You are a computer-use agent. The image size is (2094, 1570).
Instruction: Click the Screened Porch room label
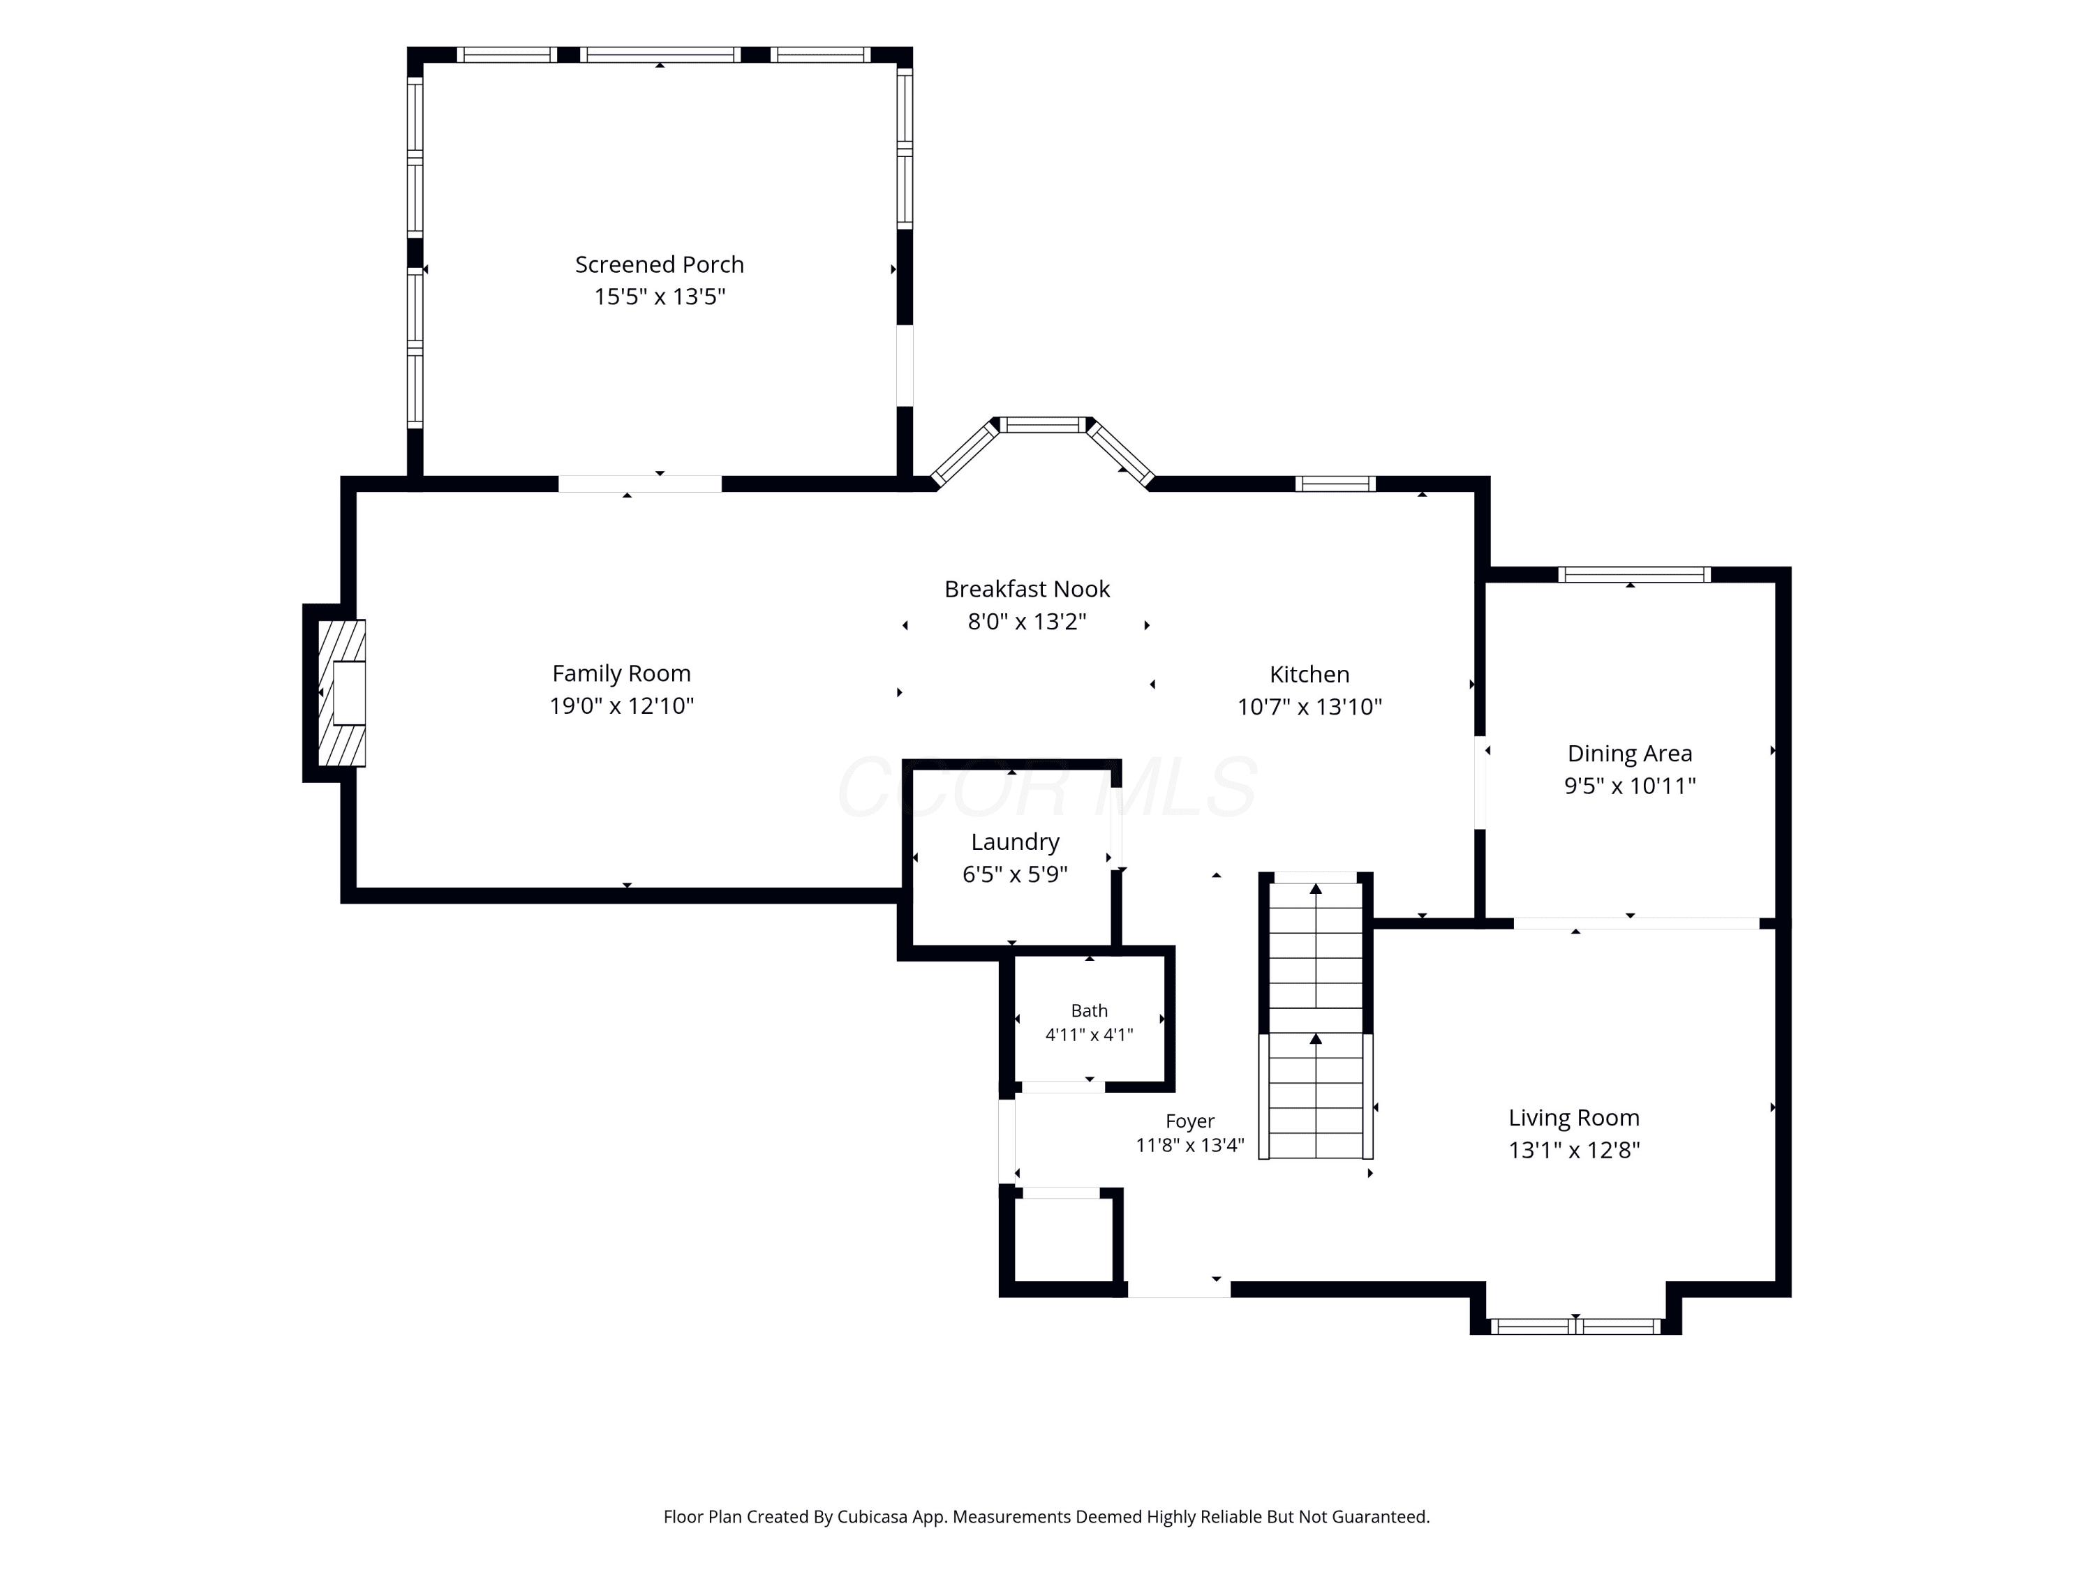coord(660,265)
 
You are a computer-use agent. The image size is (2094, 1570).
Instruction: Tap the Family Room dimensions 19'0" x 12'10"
coord(622,706)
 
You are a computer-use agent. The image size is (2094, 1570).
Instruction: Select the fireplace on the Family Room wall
coord(341,693)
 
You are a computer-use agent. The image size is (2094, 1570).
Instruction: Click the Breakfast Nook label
coord(1027,589)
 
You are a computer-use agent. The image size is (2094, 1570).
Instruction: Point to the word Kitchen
coord(1309,674)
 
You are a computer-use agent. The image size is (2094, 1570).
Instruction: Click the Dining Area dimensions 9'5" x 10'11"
coord(1629,786)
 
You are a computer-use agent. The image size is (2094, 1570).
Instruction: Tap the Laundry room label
coord(1015,842)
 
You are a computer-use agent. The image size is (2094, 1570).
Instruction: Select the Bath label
coord(1090,1010)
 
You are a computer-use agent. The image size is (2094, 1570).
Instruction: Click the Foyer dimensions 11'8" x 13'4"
coord(1190,1145)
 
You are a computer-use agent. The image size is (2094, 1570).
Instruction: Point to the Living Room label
coord(1574,1118)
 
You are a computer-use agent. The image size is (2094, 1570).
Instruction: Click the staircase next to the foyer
coord(1316,1017)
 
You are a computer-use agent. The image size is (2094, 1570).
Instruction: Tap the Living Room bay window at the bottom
coord(1575,1326)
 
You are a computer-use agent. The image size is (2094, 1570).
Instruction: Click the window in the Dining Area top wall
coord(1634,574)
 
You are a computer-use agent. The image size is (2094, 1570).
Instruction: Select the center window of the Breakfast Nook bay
coord(1044,425)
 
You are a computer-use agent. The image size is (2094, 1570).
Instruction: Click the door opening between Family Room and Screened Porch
coord(640,484)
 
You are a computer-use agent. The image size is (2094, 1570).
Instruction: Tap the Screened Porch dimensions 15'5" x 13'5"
coord(660,297)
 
